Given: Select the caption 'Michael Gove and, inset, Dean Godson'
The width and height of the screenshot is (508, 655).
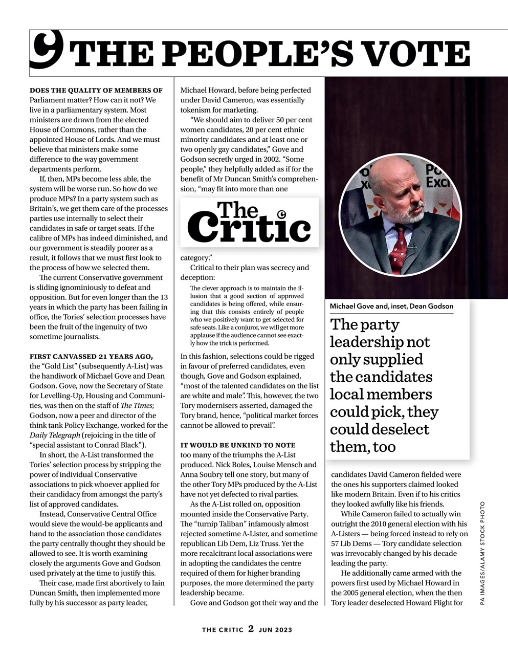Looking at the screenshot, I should [x=391, y=306].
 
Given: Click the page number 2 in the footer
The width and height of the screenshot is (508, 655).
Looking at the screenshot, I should [x=251, y=629].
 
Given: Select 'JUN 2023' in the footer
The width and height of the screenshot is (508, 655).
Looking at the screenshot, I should [x=275, y=630].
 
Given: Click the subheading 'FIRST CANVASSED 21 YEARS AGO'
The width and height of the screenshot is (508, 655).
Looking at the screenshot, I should [x=91, y=356].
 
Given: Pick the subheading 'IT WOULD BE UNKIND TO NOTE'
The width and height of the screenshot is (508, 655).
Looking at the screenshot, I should [x=238, y=445].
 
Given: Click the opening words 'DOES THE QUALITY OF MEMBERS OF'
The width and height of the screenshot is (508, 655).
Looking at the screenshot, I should [x=96, y=90].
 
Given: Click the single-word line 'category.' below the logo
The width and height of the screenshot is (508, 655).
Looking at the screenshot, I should [x=196, y=258].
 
